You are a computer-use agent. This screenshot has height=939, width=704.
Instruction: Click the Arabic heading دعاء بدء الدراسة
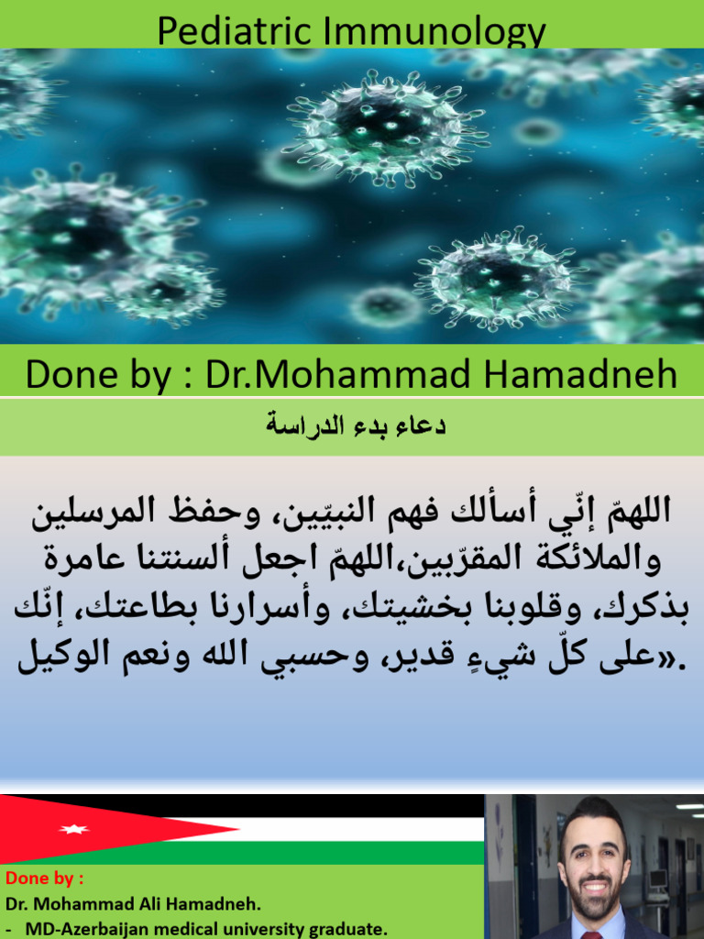click(356, 425)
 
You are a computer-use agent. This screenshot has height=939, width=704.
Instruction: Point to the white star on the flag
click(72, 829)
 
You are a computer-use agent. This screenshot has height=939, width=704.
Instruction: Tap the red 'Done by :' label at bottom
click(45, 878)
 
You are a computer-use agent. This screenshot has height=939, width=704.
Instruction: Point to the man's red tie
click(592, 934)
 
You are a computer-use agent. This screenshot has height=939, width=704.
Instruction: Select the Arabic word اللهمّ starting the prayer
click(629, 510)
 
